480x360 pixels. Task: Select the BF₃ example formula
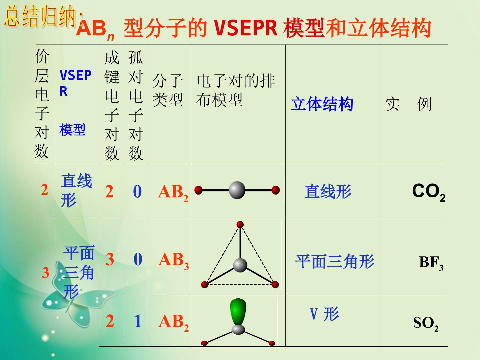pos(431,263)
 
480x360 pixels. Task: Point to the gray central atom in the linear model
pos(237,190)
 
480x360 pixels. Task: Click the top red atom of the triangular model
pos(240,224)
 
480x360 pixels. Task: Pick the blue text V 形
pos(325,314)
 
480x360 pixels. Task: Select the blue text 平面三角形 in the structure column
pos(335,261)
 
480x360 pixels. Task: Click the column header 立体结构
pos(322,104)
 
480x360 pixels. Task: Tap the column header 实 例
pos(408,104)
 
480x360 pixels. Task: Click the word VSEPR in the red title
pos(246,28)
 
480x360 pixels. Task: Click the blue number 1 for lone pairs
pos(138,321)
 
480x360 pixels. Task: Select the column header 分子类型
pos(168,90)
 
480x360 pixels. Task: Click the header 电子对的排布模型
pos(236,90)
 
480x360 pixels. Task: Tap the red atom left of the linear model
pos(199,190)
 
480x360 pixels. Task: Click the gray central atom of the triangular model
pos(240,265)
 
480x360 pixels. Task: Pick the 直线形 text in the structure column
pos(328,191)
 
